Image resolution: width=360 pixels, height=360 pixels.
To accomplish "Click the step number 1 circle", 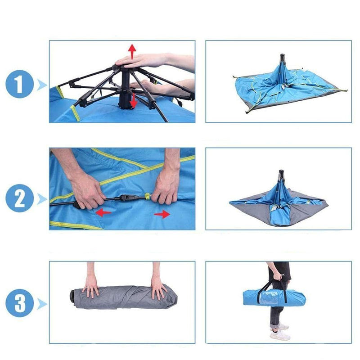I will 20,85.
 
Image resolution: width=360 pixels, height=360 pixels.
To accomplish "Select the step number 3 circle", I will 20,303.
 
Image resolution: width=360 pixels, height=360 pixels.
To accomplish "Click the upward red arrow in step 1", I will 132,51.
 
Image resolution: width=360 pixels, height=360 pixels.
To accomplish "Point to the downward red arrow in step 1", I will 134,102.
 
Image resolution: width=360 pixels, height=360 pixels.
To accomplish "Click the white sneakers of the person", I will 279,332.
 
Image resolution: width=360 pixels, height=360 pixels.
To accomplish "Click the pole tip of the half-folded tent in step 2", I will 281,172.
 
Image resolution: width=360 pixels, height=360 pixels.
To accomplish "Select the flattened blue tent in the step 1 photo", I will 283,90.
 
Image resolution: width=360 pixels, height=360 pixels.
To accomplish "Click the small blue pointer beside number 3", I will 43,304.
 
